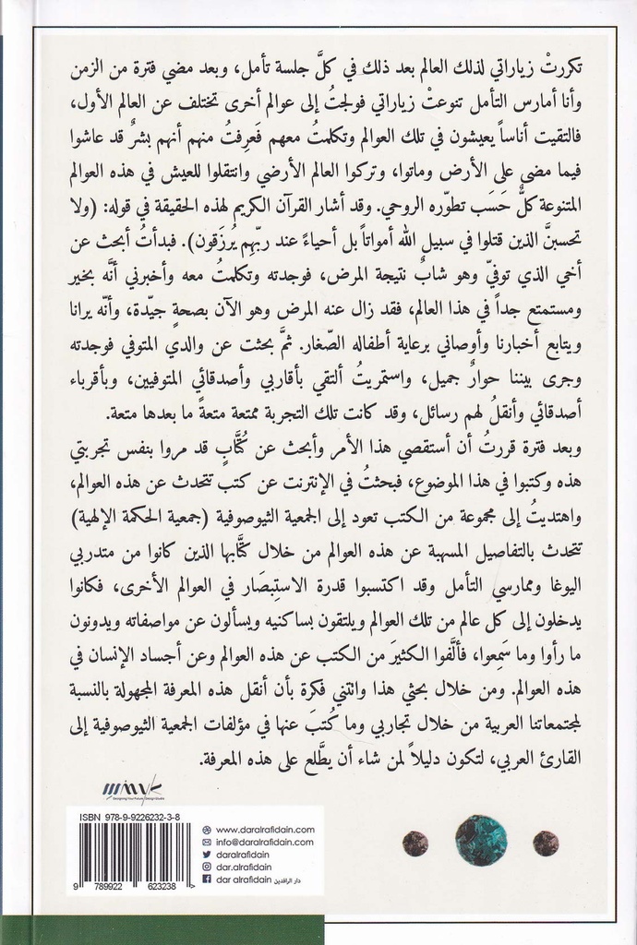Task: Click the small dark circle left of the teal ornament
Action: coord(415,842)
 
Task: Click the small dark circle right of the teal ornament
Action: coord(547,842)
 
